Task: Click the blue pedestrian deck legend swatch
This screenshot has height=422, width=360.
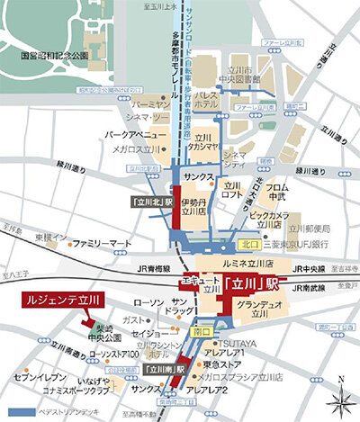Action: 19,414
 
